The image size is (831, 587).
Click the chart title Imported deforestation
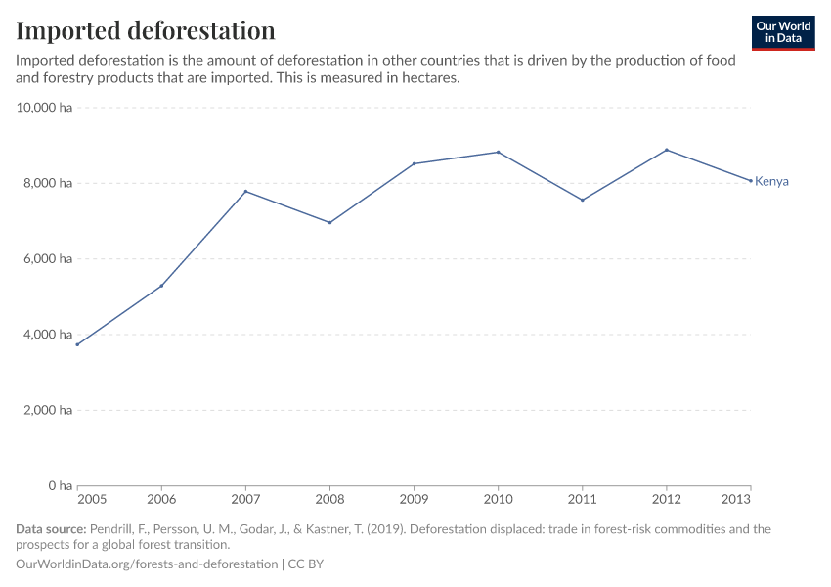[x=145, y=30]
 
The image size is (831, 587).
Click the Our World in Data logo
[x=782, y=32]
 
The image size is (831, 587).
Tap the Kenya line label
[x=771, y=181]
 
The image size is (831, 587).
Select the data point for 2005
[x=77, y=344]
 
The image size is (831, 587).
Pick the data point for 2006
[x=161, y=286]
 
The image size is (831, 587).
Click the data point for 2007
[x=245, y=191]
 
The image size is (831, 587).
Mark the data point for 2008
[x=329, y=222]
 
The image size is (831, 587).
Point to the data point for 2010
[x=499, y=152]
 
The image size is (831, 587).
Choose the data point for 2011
[x=583, y=200]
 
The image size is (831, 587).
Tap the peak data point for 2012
[x=667, y=150]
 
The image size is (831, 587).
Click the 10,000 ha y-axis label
[x=45, y=108]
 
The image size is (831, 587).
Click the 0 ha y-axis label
[x=60, y=485]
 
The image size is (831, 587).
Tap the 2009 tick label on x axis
[x=414, y=499]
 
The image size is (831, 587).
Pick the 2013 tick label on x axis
[x=736, y=499]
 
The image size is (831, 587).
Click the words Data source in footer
[x=51, y=529]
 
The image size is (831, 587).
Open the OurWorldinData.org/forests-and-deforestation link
[x=147, y=564]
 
